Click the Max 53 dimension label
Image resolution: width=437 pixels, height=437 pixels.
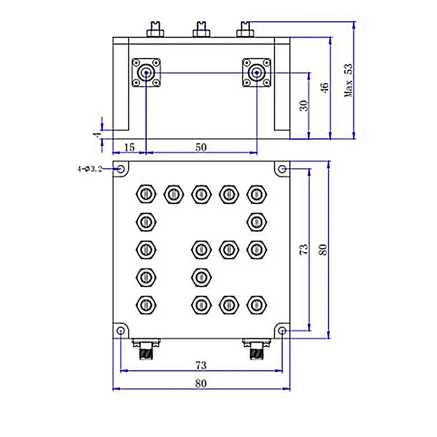[x=348, y=81]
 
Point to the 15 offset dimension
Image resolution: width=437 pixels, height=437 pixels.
[x=129, y=147]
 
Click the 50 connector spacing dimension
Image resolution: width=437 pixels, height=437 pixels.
[x=201, y=147]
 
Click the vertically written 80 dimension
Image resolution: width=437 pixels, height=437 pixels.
[x=323, y=250]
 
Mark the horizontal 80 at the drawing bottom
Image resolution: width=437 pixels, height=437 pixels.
[x=201, y=384]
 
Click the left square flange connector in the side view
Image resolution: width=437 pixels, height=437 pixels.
[x=145, y=73]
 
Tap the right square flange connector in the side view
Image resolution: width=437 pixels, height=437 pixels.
[x=256, y=73]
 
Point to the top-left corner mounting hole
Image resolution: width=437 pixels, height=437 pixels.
[x=121, y=169]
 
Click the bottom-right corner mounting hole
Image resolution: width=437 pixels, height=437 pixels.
[x=282, y=331]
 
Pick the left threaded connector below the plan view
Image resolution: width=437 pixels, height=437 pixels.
[x=145, y=348]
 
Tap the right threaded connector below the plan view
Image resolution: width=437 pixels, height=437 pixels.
[x=256, y=348]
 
